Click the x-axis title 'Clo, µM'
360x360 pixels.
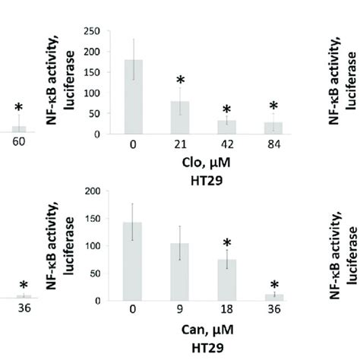(x=201, y=162)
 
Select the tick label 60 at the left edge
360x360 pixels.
(x=19, y=143)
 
